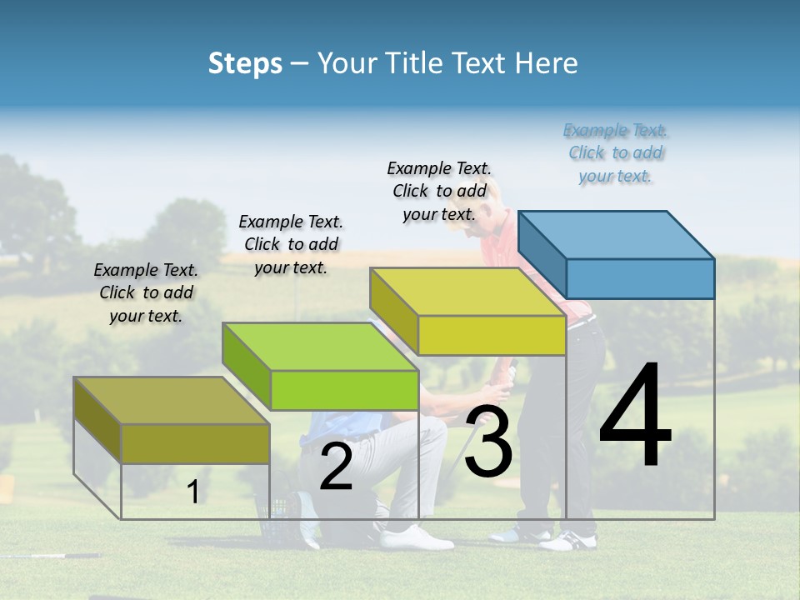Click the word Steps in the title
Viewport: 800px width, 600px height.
pos(245,63)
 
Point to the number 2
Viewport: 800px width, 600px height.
pos(336,467)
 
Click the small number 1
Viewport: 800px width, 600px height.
pos(192,492)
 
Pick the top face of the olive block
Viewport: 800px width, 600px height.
pos(172,401)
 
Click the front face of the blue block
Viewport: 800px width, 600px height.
pos(640,278)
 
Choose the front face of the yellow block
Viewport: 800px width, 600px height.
pos(492,335)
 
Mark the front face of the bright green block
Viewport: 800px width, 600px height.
pos(344,390)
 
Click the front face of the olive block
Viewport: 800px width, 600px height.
pos(195,443)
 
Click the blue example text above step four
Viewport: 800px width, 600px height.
pos(615,153)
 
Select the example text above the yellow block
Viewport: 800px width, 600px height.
pos(439,192)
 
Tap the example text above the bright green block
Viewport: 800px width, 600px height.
pos(291,244)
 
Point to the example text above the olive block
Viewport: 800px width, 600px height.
pos(146,292)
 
